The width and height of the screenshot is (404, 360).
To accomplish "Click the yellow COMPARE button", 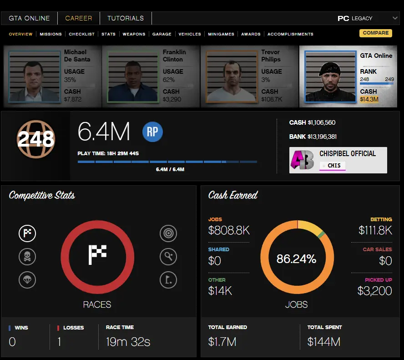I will (x=375, y=33).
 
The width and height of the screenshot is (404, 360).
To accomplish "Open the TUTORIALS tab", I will (x=126, y=18).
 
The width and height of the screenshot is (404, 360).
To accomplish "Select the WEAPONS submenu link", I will (x=134, y=34).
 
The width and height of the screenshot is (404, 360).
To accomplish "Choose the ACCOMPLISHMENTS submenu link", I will (x=290, y=34).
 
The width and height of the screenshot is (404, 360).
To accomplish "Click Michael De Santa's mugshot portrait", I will (x=35, y=77).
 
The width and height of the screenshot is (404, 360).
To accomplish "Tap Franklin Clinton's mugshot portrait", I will (x=133, y=77).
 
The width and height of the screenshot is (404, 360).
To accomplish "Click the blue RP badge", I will (x=152, y=132).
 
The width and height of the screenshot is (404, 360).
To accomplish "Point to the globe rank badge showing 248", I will (x=35, y=139).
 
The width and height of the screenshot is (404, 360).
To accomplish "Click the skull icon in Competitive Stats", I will (x=27, y=257).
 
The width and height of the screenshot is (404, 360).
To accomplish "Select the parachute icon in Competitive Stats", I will (x=27, y=279).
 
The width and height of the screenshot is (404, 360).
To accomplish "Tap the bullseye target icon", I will (x=168, y=233).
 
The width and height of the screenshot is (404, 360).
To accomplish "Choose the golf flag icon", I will (x=168, y=279).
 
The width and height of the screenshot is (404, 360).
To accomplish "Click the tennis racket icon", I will (x=168, y=257).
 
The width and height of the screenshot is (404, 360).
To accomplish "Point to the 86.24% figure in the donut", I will (x=296, y=259).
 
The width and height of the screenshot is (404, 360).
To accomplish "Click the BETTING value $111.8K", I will (x=375, y=231).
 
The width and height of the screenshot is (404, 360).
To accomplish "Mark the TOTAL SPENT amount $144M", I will (x=323, y=341).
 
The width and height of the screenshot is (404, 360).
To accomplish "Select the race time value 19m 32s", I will (x=128, y=341).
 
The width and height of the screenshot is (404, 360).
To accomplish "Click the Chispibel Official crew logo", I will (x=302, y=160).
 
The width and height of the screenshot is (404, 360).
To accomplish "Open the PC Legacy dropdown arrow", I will (x=394, y=18).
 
